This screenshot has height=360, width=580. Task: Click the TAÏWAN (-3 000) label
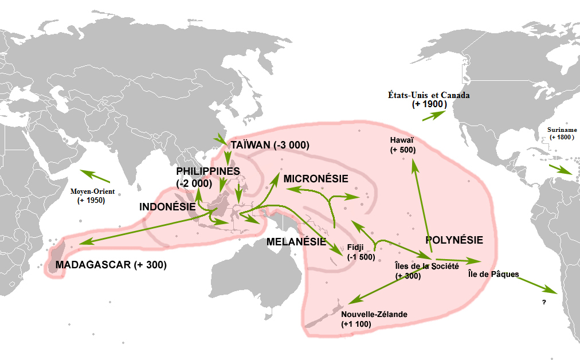click(269, 145)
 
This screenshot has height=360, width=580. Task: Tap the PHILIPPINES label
click(207, 171)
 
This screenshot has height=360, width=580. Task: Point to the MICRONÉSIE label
click(315, 178)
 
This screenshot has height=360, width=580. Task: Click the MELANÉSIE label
click(296, 242)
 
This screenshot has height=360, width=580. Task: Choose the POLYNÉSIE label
click(454, 240)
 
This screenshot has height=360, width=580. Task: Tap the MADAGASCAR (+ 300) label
click(111, 265)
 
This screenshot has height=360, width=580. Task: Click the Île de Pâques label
click(493, 274)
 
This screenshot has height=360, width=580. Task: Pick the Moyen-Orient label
click(92, 191)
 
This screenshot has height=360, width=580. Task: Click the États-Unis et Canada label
click(428, 95)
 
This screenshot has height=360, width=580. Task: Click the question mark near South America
click(543, 301)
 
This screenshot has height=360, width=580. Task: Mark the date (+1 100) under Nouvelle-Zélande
click(356, 324)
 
